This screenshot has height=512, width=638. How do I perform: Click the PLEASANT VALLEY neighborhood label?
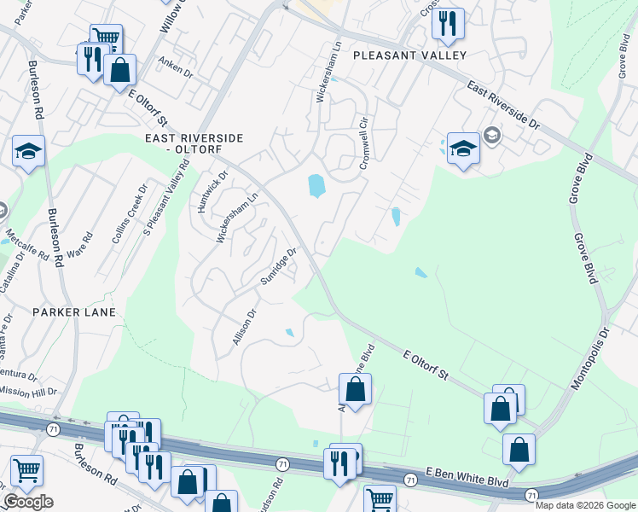tap(410, 55)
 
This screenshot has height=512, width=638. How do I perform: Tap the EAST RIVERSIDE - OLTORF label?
tap(194, 143)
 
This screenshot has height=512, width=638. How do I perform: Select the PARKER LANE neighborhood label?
tap(68, 312)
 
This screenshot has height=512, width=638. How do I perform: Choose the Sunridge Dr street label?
tap(279, 268)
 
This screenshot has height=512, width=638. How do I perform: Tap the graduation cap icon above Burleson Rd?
tap(28, 151)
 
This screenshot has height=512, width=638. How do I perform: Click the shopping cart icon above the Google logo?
tap(27, 470)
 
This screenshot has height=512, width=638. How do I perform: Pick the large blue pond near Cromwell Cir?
tap(315, 185)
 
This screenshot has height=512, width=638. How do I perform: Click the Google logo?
tap(28, 502)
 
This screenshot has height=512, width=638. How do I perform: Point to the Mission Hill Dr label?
tap(27, 392)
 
